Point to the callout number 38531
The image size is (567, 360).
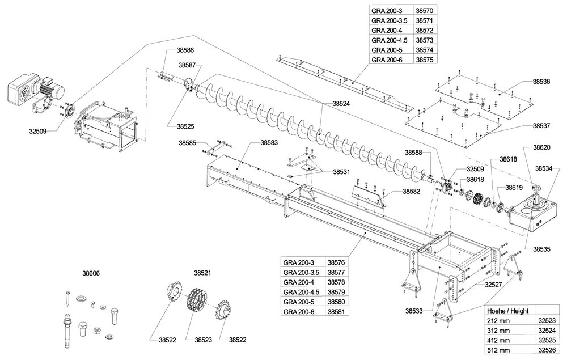click(342, 171)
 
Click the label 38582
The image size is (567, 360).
click(412, 192)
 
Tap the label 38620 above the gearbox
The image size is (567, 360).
click(541, 147)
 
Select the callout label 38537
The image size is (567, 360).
click(541, 125)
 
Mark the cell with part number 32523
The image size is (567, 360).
click(547, 321)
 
